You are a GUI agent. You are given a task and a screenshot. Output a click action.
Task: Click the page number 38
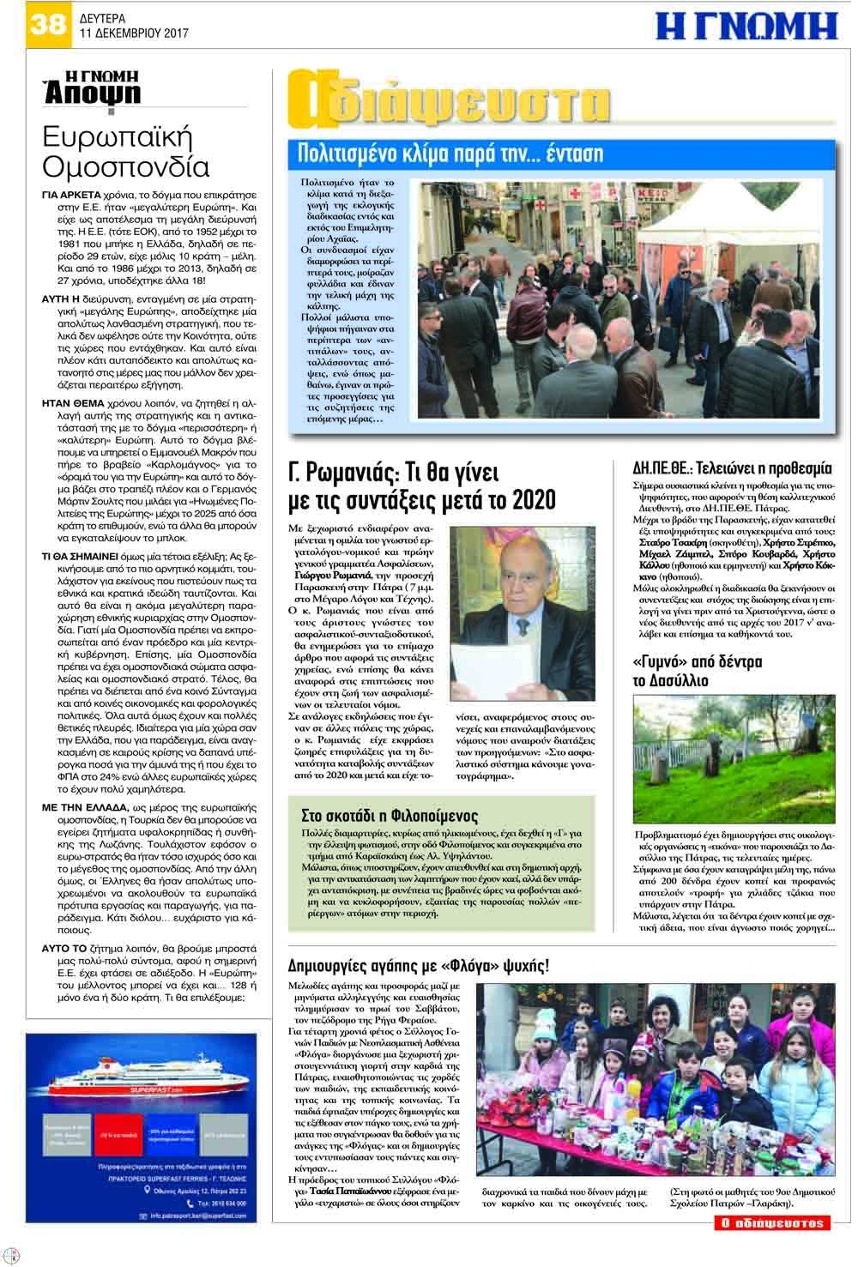coord(47,22)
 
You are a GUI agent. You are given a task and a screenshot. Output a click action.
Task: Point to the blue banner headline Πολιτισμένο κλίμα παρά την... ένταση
coord(450,155)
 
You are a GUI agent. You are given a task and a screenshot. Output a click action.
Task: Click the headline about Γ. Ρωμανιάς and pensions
coord(421,486)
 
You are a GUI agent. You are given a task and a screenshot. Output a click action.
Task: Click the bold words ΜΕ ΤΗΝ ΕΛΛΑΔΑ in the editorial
coord(83,808)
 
